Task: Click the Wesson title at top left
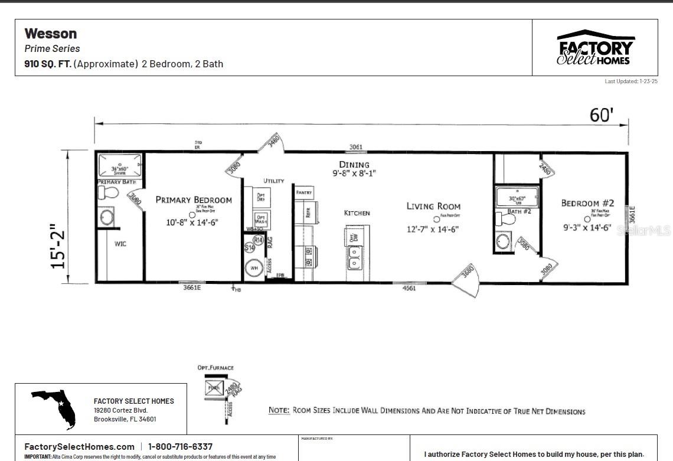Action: tap(51, 34)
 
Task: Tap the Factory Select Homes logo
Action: tap(594, 48)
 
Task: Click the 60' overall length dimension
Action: tap(601, 115)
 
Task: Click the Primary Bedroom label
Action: tap(194, 200)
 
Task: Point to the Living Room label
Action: tap(433, 206)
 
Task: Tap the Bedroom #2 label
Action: tap(587, 203)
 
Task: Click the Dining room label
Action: tap(354, 165)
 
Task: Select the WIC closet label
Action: tap(120, 244)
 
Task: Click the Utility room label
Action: tap(273, 181)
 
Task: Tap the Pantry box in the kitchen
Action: tap(304, 192)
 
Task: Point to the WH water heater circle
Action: tap(254, 267)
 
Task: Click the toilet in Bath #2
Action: tap(507, 218)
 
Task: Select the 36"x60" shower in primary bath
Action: tap(120, 165)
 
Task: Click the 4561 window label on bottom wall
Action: tap(409, 289)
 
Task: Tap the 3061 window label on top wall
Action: tap(355, 147)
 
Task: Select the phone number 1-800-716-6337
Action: tap(180, 447)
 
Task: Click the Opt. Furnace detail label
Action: tap(215, 367)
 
